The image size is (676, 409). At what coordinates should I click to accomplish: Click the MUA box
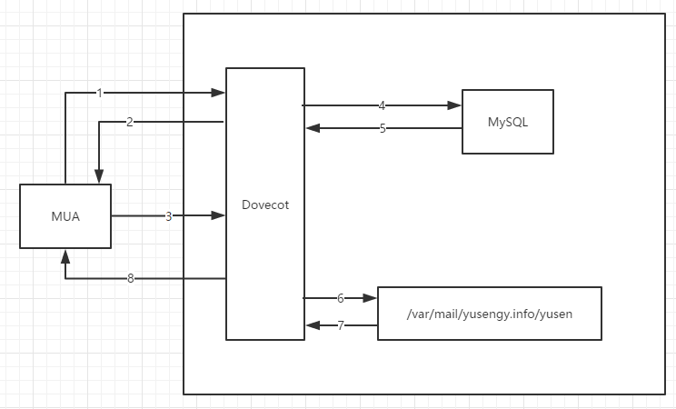[x=65, y=216]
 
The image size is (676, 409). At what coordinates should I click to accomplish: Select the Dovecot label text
[x=265, y=204]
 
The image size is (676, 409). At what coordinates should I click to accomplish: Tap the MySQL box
[x=508, y=122]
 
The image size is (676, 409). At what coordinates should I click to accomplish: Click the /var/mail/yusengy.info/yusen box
[x=490, y=314]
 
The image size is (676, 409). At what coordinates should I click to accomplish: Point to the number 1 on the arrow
[x=100, y=93]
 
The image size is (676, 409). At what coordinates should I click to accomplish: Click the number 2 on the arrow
[x=130, y=122]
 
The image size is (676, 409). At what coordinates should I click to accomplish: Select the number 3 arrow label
[x=168, y=216]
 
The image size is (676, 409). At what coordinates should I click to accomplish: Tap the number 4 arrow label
[x=382, y=105]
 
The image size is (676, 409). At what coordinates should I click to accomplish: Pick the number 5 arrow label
[x=383, y=128]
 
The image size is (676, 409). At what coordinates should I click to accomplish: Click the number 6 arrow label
[x=340, y=298]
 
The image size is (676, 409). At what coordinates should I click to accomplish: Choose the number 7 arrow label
[x=341, y=324]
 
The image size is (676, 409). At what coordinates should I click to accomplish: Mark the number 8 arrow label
[x=131, y=278]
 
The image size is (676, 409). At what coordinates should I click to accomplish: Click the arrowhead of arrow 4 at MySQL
[x=455, y=105]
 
